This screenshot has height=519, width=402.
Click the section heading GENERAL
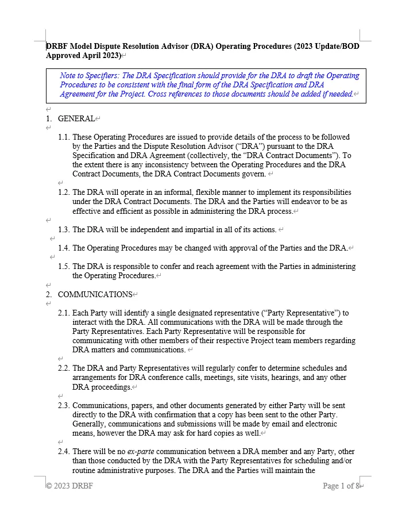coord(76,118)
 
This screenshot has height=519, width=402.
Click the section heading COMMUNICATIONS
coord(95,294)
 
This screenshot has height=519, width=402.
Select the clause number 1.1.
coord(64,137)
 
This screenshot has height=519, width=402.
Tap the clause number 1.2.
coord(64,193)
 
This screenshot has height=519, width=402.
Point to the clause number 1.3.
coord(64,229)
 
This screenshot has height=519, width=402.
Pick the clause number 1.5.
coord(64,266)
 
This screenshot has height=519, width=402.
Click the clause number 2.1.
coord(64,313)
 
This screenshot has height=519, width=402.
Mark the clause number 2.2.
coord(64,368)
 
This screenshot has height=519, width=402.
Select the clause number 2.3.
coord(64,406)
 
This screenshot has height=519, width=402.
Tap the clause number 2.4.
coord(64,452)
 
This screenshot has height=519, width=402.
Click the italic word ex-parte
coord(141,452)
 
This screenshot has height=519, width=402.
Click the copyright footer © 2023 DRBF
coord(69,486)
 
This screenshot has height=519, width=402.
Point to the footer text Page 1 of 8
coord(341,486)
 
